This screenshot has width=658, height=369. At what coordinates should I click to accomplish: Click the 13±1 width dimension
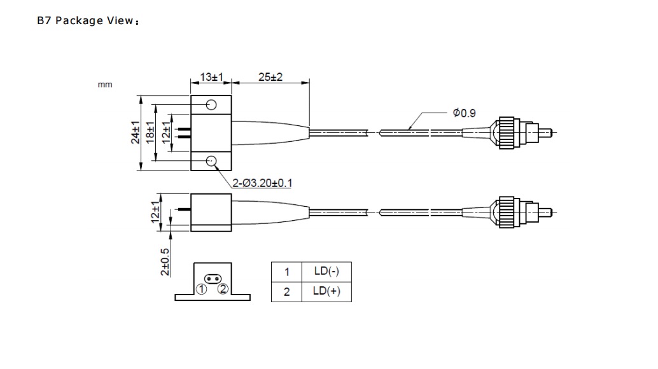pos(210,77)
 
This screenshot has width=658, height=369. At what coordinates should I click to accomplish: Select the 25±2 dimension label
pos(270,77)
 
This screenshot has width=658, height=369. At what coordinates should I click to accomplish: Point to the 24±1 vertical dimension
pos(136,132)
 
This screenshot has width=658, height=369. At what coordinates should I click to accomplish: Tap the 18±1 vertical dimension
pos(151,132)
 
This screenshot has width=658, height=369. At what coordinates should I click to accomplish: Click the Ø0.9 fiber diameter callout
pos(464,113)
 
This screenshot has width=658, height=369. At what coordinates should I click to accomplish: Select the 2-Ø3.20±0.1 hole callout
pos(262,183)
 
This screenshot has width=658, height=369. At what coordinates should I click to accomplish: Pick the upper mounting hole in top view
pos(212,104)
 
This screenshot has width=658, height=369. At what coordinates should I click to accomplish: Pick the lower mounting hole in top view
pos(212,162)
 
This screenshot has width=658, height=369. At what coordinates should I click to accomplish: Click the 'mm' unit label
pos(105,85)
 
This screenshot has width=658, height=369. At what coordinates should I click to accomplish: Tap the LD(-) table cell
pos(326,272)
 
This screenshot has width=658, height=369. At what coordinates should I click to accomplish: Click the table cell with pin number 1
pos(287,272)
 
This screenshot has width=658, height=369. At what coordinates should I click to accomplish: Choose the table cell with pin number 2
pos(287,292)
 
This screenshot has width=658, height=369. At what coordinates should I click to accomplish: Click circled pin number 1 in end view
pos(202,289)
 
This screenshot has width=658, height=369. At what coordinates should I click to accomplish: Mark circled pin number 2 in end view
pos(223,289)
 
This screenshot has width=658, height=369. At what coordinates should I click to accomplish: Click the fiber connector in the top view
pos(509,132)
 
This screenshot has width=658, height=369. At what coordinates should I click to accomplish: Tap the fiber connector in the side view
pos(509,211)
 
